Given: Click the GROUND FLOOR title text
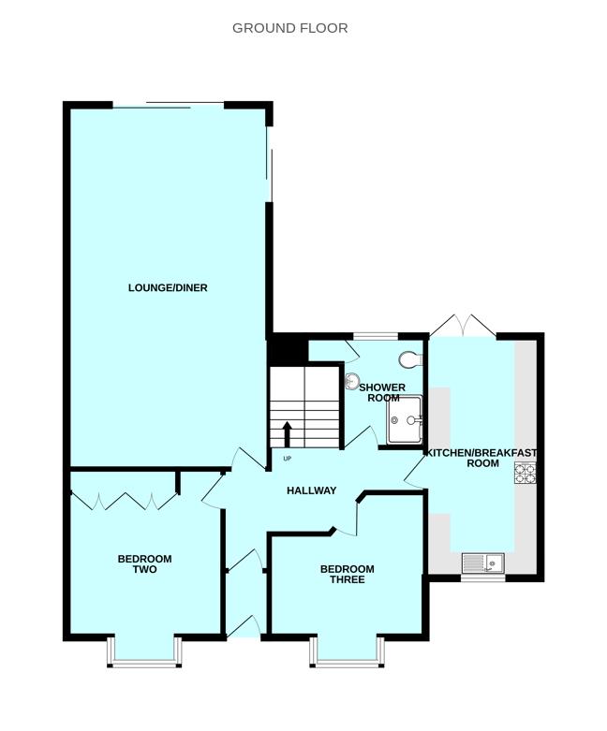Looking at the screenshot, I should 289,28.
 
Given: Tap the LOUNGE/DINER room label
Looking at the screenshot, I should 168,288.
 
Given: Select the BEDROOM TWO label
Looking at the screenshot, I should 144,564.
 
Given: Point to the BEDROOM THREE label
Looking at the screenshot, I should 347,574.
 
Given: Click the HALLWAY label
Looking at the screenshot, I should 311,490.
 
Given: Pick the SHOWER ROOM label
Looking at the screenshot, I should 382,392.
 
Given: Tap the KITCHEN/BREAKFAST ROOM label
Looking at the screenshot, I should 482,458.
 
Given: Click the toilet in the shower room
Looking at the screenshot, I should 410,359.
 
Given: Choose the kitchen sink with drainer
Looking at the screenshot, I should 483,563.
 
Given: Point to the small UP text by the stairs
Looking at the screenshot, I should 287,459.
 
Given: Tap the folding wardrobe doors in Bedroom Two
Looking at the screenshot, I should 125,500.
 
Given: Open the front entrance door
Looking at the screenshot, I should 244,627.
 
